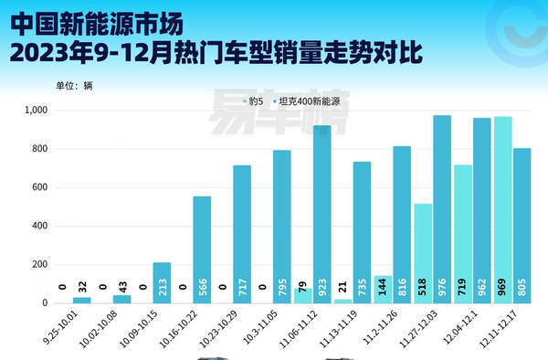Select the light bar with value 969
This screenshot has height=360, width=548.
[x=503, y=209]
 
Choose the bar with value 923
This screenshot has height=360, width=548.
[x=321, y=214]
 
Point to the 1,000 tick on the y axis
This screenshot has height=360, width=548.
[x=36, y=111]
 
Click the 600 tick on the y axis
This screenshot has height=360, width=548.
[x=41, y=187]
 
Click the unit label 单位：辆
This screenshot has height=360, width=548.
[x=74, y=86]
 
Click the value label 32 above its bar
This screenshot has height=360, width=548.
[x=82, y=288]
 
